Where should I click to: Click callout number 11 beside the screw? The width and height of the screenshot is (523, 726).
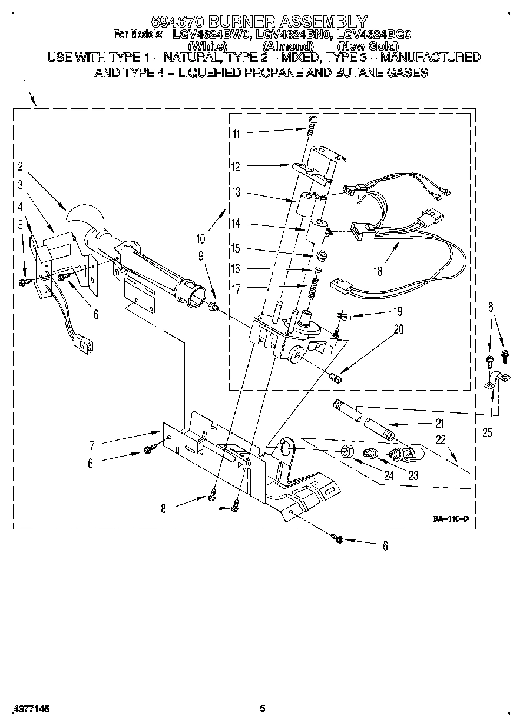coord(236,134)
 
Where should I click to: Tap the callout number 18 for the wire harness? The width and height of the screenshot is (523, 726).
coord(378,271)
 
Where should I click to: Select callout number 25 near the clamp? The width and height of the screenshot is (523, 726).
coord(486,433)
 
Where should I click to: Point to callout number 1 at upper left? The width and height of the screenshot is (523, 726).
coord(25,84)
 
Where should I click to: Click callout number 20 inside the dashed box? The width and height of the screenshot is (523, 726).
coord(399,329)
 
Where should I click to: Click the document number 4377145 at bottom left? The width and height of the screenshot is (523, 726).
coord(29,709)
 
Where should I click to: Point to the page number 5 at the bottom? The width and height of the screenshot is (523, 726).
coord(263,708)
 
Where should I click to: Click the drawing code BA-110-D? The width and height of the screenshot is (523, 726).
coord(451,519)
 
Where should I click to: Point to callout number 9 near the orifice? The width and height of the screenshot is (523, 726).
coord(201,255)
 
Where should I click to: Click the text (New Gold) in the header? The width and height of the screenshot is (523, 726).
coord(368,46)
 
